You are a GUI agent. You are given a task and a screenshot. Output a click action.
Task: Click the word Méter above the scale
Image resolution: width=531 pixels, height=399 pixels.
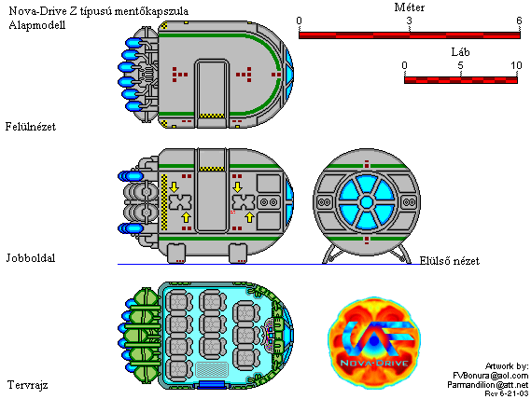[409, 7]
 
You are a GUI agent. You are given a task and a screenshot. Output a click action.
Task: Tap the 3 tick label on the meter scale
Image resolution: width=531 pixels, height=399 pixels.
[410, 21]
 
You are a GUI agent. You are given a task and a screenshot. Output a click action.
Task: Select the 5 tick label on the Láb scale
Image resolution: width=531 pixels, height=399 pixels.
[460, 65]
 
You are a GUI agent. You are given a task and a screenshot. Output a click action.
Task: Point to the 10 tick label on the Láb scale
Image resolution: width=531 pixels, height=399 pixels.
[516, 65]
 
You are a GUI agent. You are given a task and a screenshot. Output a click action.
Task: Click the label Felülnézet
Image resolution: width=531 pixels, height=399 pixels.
[31, 127]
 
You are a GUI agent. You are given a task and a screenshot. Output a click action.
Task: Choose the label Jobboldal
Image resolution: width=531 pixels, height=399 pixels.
[31, 258]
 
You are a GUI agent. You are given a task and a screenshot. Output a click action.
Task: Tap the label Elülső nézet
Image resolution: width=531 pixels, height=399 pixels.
[450, 261]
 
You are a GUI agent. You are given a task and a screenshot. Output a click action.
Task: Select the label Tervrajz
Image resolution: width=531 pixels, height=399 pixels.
[27, 385]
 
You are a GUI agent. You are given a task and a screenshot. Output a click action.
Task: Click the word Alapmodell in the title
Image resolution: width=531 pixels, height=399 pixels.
[37, 25]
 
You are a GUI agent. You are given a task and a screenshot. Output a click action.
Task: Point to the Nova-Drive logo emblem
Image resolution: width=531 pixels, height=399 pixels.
[374, 342]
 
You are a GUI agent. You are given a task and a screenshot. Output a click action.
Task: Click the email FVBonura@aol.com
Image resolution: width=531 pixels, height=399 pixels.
[490, 376]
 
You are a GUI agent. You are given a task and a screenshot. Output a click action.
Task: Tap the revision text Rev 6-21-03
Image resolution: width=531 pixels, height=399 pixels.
[507, 393]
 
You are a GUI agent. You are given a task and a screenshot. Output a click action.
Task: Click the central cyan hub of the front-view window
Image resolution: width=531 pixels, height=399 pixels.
[367, 202]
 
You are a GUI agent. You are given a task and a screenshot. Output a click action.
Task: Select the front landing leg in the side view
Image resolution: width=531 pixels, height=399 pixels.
[238, 254]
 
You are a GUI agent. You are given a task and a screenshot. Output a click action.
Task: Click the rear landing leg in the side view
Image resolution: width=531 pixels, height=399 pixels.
[176, 254]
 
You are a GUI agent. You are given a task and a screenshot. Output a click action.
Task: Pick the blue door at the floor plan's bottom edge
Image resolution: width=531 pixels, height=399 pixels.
[212, 385]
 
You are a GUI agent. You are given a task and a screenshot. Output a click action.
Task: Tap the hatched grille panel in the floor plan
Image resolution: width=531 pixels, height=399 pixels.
[212, 369]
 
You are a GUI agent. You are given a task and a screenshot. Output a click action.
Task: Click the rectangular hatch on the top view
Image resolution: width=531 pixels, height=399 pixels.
[212, 89]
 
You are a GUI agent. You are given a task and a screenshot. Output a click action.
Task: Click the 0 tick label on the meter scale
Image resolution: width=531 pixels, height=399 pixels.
[299, 21]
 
